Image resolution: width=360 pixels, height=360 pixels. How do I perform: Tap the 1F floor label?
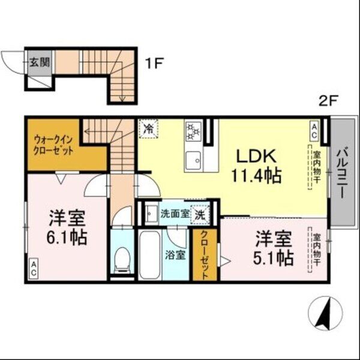tap(154, 61)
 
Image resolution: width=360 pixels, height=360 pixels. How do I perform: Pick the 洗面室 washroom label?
tap(175, 212)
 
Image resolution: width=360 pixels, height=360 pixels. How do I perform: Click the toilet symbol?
tap(122, 259)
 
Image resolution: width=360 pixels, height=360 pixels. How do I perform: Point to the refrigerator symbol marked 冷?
tap(148, 128)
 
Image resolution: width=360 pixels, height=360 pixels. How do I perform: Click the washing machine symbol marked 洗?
tap(202, 213)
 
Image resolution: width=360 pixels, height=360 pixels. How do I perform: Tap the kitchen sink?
tap(193, 161)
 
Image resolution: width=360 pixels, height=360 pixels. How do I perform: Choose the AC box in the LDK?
tap(314, 128)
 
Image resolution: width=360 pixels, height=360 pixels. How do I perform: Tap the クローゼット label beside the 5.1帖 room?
tap(204, 255)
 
